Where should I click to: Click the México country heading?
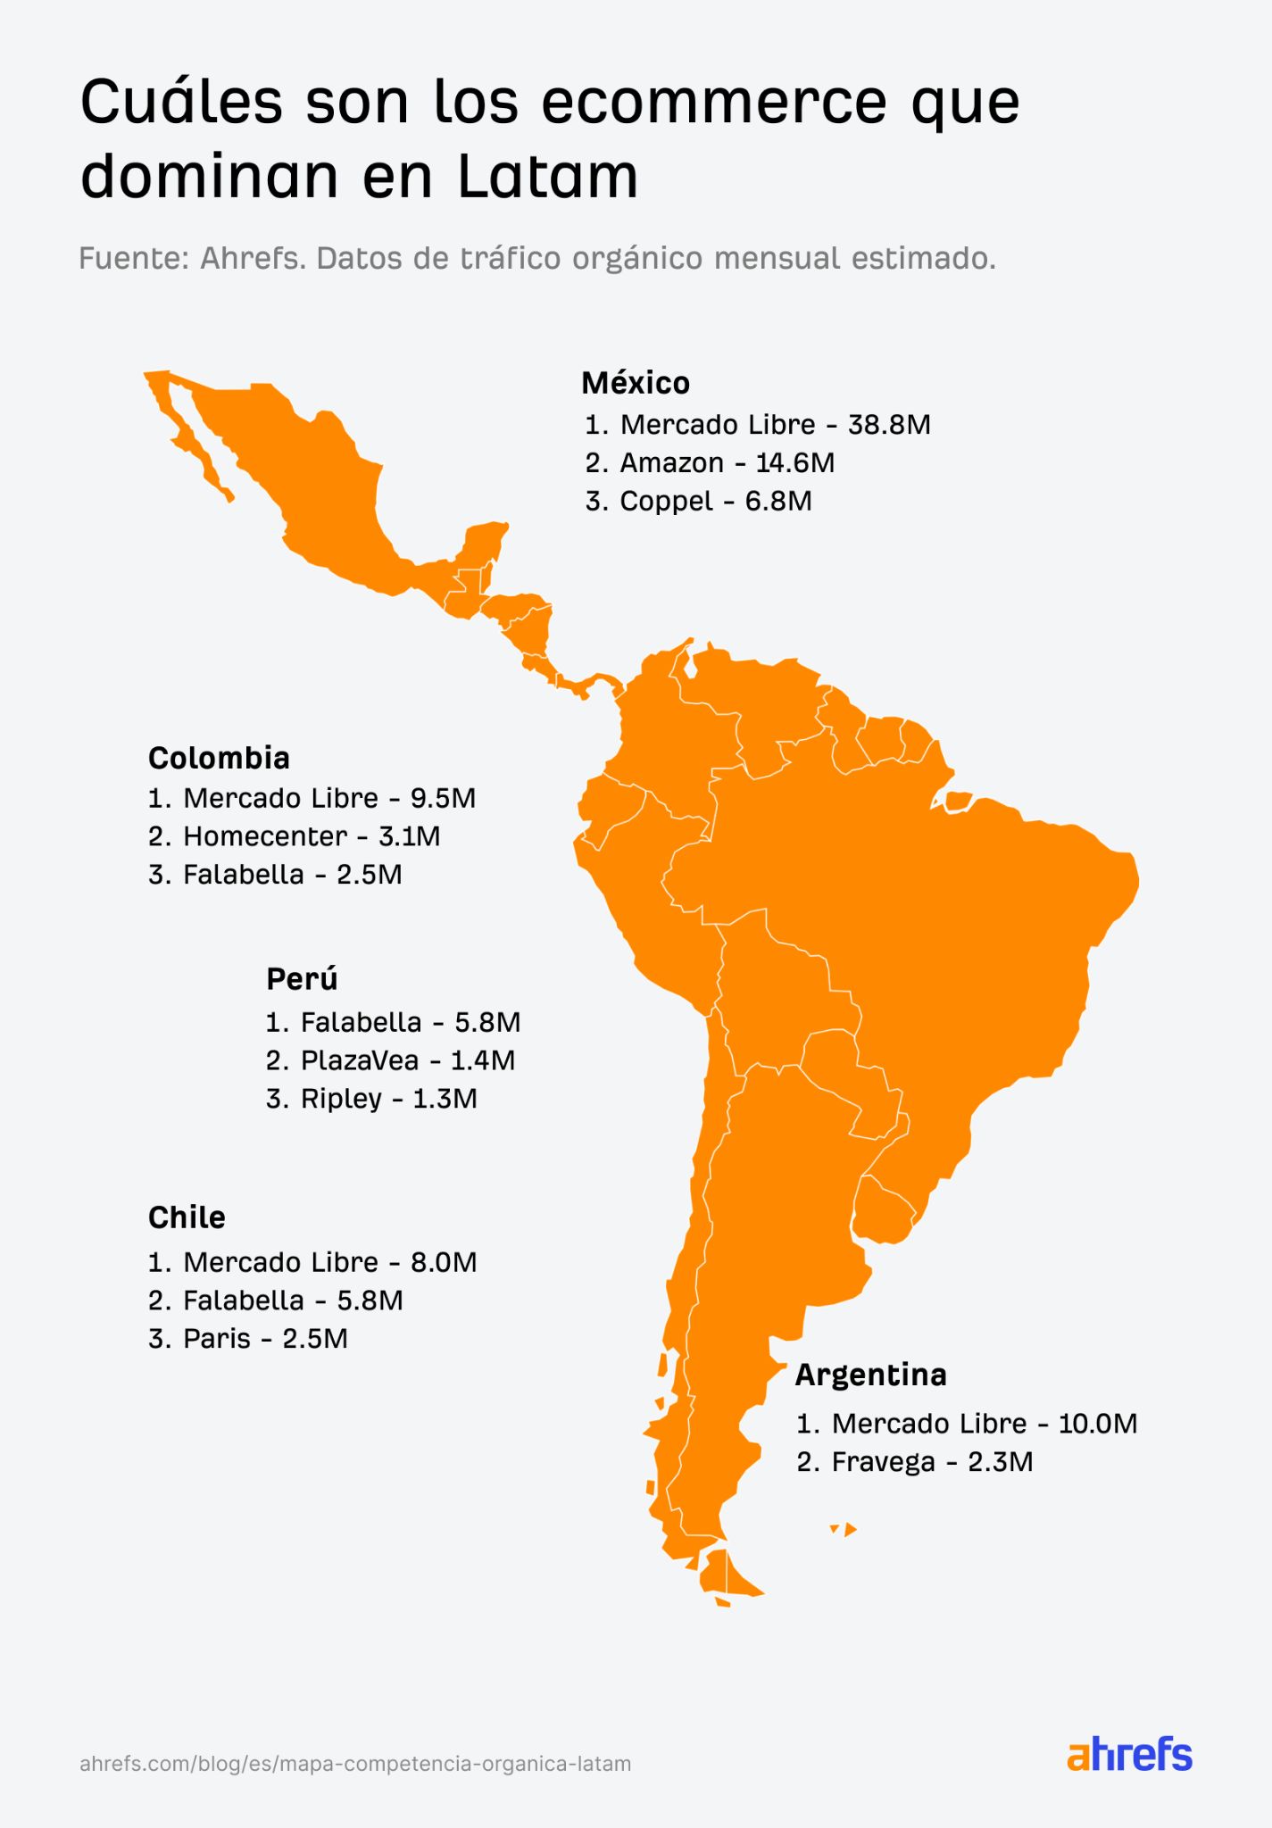pos(635,383)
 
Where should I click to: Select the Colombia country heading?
pos(219,758)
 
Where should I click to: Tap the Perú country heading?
pos(302,979)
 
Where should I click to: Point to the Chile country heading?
pos(187,1217)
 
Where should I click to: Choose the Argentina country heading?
pos(870,1375)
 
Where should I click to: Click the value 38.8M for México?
pos(889,425)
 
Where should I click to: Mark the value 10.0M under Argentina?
pos(1098,1423)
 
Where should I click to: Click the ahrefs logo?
pos(1129,1756)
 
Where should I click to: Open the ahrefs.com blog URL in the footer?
pos(355,1764)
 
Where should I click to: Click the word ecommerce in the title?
pos(715,104)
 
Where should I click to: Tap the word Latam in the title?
pos(548,177)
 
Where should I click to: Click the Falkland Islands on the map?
pos(844,1530)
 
